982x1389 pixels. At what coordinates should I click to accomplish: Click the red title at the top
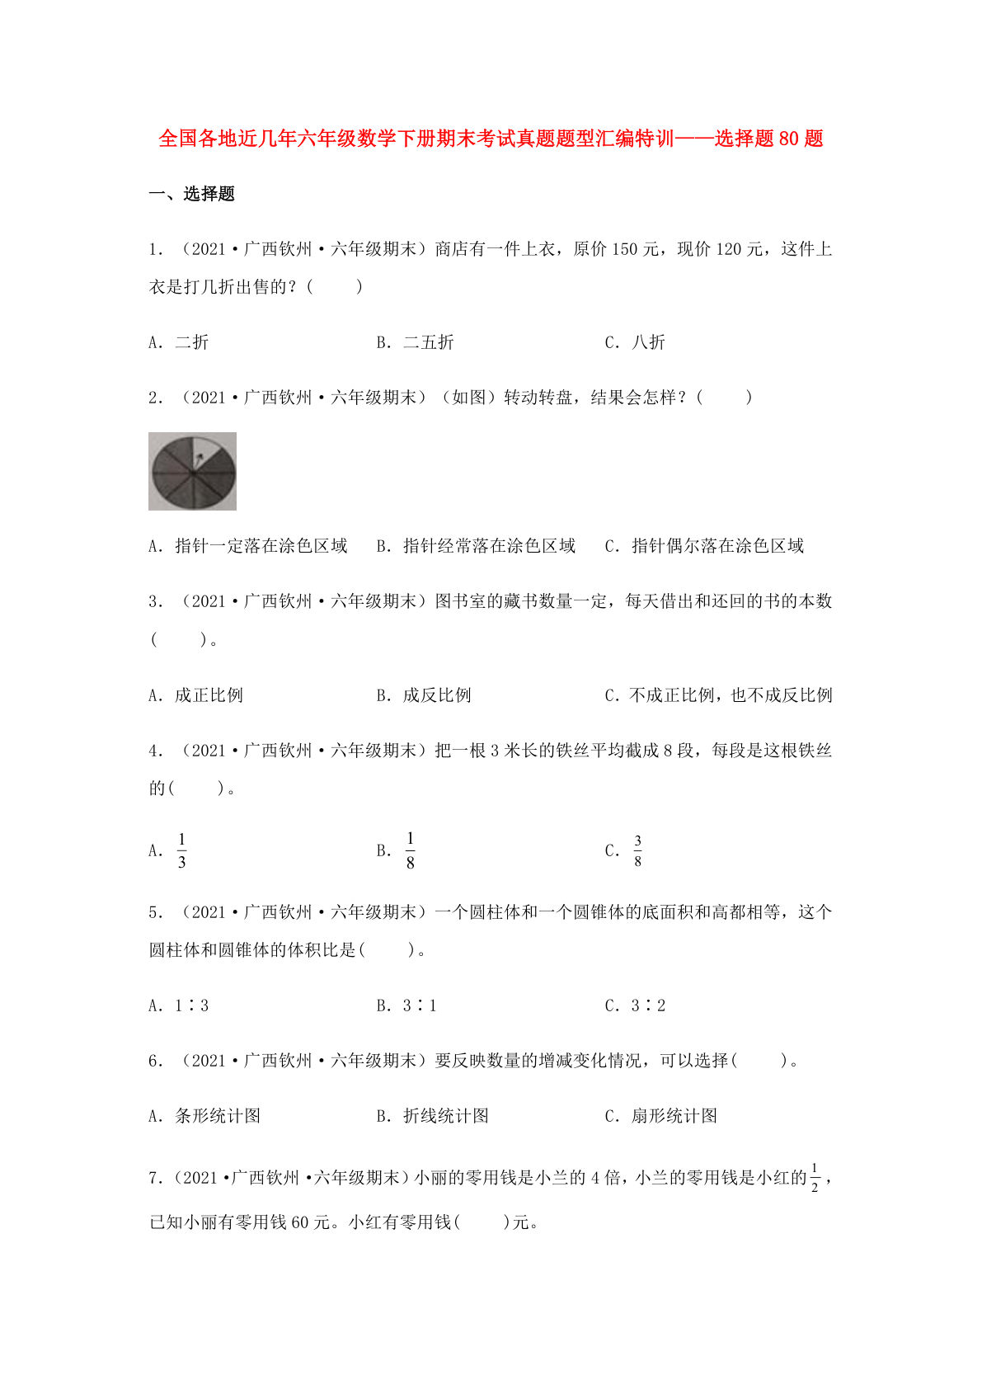[x=491, y=139]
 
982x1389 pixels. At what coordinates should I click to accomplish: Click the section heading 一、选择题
[x=192, y=194]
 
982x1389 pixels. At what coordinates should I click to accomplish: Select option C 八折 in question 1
[x=647, y=342]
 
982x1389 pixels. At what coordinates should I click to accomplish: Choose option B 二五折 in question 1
[x=428, y=342]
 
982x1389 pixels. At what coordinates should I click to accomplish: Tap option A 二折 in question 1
[x=191, y=342]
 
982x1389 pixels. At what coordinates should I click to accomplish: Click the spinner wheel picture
[x=192, y=471]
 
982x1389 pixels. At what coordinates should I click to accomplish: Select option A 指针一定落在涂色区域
[x=261, y=546]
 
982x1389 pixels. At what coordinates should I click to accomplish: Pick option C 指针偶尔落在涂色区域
[x=717, y=546]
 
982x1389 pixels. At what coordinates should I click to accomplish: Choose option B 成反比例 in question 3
[x=436, y=695]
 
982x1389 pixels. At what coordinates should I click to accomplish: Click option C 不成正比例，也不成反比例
[x=730, y=695]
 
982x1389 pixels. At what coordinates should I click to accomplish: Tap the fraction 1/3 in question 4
[x=181, y=850]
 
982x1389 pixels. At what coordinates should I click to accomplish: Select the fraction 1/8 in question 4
[x=410, y=850]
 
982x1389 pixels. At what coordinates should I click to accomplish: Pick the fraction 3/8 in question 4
[x=637, y=850]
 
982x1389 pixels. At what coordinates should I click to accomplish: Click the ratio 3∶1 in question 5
[x=419, y=1005]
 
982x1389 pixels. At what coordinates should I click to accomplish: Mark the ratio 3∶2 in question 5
[x=647, y=1005]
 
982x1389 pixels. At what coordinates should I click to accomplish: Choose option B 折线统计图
[x=445, y=1116]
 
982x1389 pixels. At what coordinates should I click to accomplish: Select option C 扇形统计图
[x=674, y=1116]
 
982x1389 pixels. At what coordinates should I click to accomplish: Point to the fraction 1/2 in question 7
[x=815, y=1178]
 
